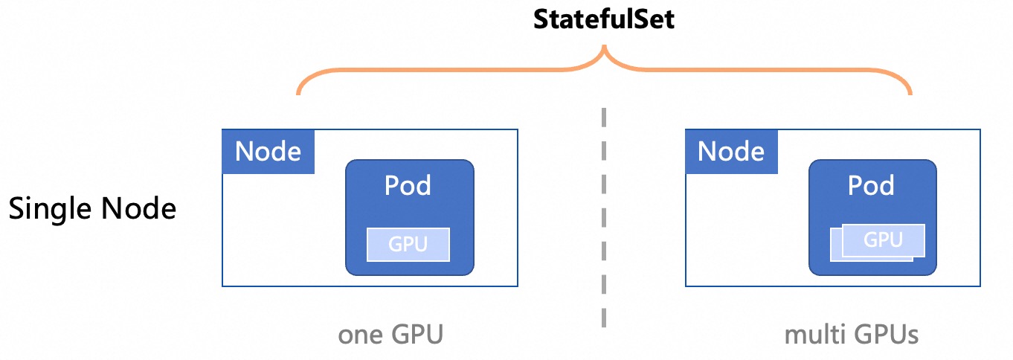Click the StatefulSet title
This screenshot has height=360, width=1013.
point(604,19)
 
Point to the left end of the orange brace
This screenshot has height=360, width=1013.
point(298,94)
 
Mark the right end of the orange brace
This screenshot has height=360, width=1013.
point(910,94)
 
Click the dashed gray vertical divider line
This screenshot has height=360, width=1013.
point(604,216)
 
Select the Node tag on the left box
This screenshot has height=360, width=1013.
point(268,152)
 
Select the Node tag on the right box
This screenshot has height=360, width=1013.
point(731,152)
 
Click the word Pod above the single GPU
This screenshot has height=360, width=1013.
point(408,185)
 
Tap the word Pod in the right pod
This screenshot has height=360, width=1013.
point(872,185)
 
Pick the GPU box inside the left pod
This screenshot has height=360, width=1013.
point(408,244)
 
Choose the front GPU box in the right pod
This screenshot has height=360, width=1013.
point(883,240)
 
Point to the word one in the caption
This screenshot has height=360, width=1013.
point(361,335)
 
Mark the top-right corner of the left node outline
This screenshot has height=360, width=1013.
point(518,129)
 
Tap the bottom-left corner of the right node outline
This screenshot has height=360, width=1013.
point(686,286)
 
